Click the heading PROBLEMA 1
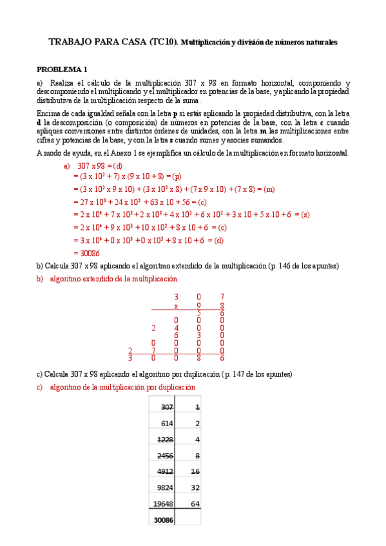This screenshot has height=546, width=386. (62, 70)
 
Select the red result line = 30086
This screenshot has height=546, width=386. (86, 253)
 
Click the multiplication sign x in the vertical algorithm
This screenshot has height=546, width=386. (176, 306)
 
